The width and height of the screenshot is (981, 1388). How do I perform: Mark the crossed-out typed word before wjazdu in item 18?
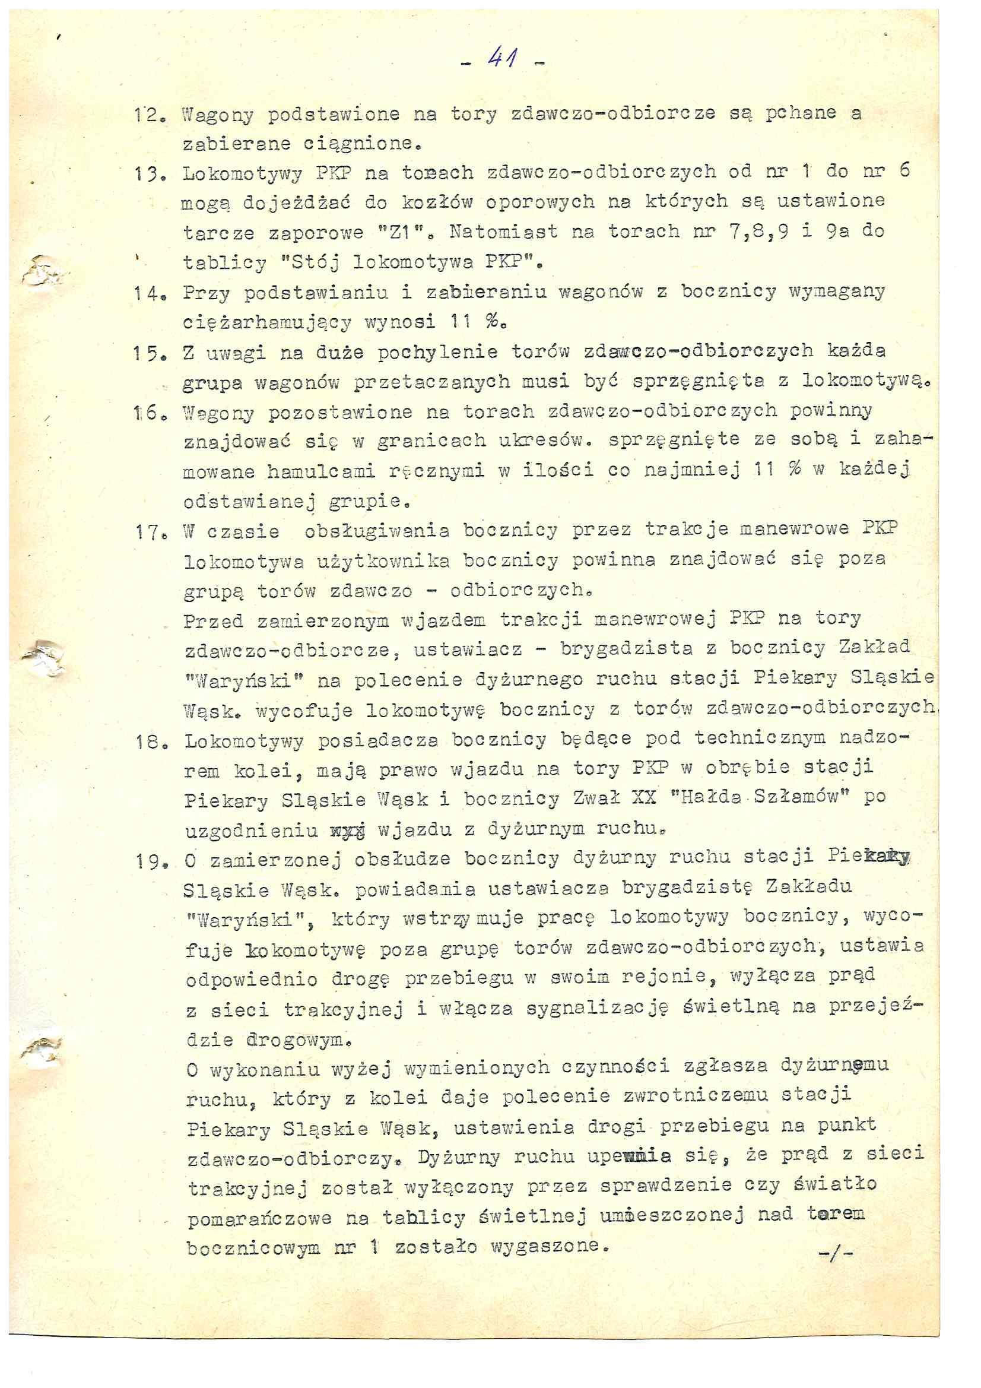(x=348, y=830)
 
